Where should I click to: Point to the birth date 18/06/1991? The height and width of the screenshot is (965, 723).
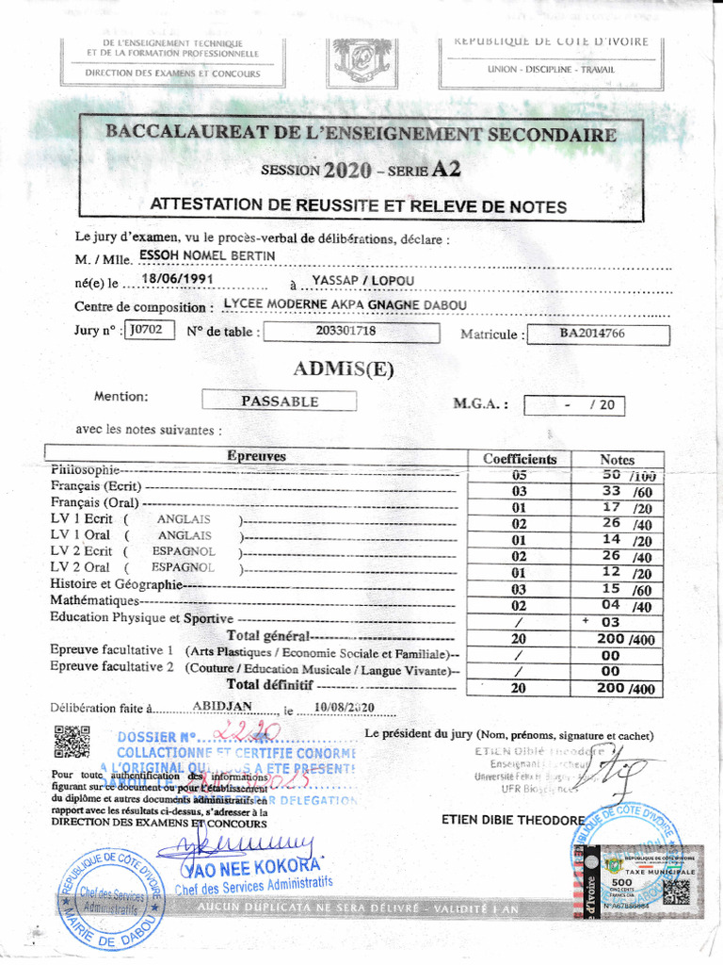[x=178, y=279]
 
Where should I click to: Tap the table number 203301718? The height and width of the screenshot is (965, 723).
[x=346, y=331]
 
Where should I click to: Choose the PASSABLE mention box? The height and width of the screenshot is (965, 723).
[x=280, y=401]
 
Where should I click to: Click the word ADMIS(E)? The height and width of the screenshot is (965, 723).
[x=343, y=368]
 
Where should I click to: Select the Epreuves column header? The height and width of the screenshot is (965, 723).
[x=256, y=456]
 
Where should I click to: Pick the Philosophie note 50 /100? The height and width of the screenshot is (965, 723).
[x=628, y=475]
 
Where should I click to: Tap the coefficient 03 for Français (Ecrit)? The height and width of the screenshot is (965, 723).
[x=519, y=492]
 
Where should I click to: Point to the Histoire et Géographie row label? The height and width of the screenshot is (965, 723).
[x=115, y=584]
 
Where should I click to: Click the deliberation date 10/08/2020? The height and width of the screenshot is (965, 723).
[x=345, y=708]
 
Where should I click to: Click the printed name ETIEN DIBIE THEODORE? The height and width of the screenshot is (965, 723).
[x=512, y=820]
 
